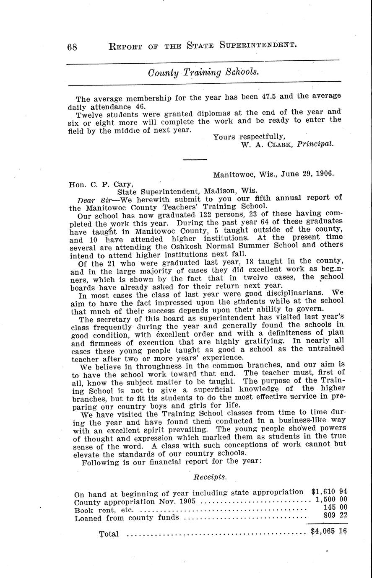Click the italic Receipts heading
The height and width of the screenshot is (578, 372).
click(x=210, y=477)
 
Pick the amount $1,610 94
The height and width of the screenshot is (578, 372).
click(x=329, y=491)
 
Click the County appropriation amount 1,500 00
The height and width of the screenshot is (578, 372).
click(x=331, y=500)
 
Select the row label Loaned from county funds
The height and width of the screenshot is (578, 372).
click(x=127, y=518)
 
